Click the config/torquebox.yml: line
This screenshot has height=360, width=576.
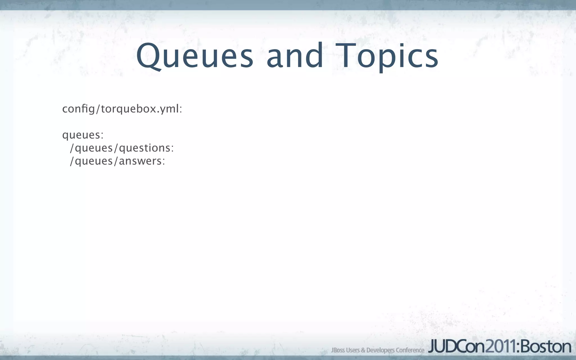coord(122,109)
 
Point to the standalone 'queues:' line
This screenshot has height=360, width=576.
coord(83,135)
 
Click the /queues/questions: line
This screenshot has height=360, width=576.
coord(122,148)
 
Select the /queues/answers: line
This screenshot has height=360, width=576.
coord(117,161)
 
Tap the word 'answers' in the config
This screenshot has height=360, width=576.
coord(140,161)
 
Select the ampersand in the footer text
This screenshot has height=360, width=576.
coord(363,350)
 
